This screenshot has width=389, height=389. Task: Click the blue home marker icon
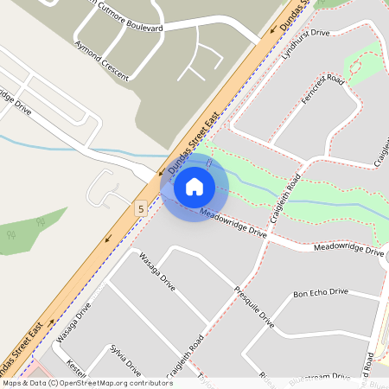click(194, 186)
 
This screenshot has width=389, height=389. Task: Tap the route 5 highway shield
click(140, 208)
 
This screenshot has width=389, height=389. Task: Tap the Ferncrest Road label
click(324, 92)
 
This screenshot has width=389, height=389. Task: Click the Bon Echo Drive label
click(321, 293)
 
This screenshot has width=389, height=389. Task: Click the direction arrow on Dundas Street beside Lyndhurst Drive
click(276, 28)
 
